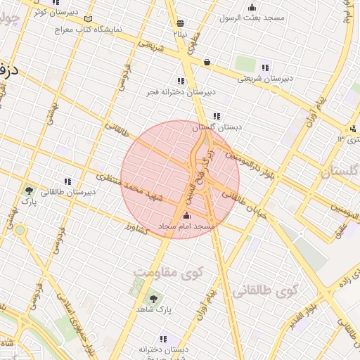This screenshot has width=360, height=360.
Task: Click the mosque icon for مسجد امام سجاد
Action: [x=186, y=216]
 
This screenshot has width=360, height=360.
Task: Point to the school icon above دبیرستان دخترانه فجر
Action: [x=181, y=81]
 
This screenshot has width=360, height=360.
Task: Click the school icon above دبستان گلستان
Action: [x=217, y=116]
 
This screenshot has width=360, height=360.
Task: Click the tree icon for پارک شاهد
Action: [x=154, y=300]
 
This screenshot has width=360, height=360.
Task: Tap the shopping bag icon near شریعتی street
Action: [x=207, y=63]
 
